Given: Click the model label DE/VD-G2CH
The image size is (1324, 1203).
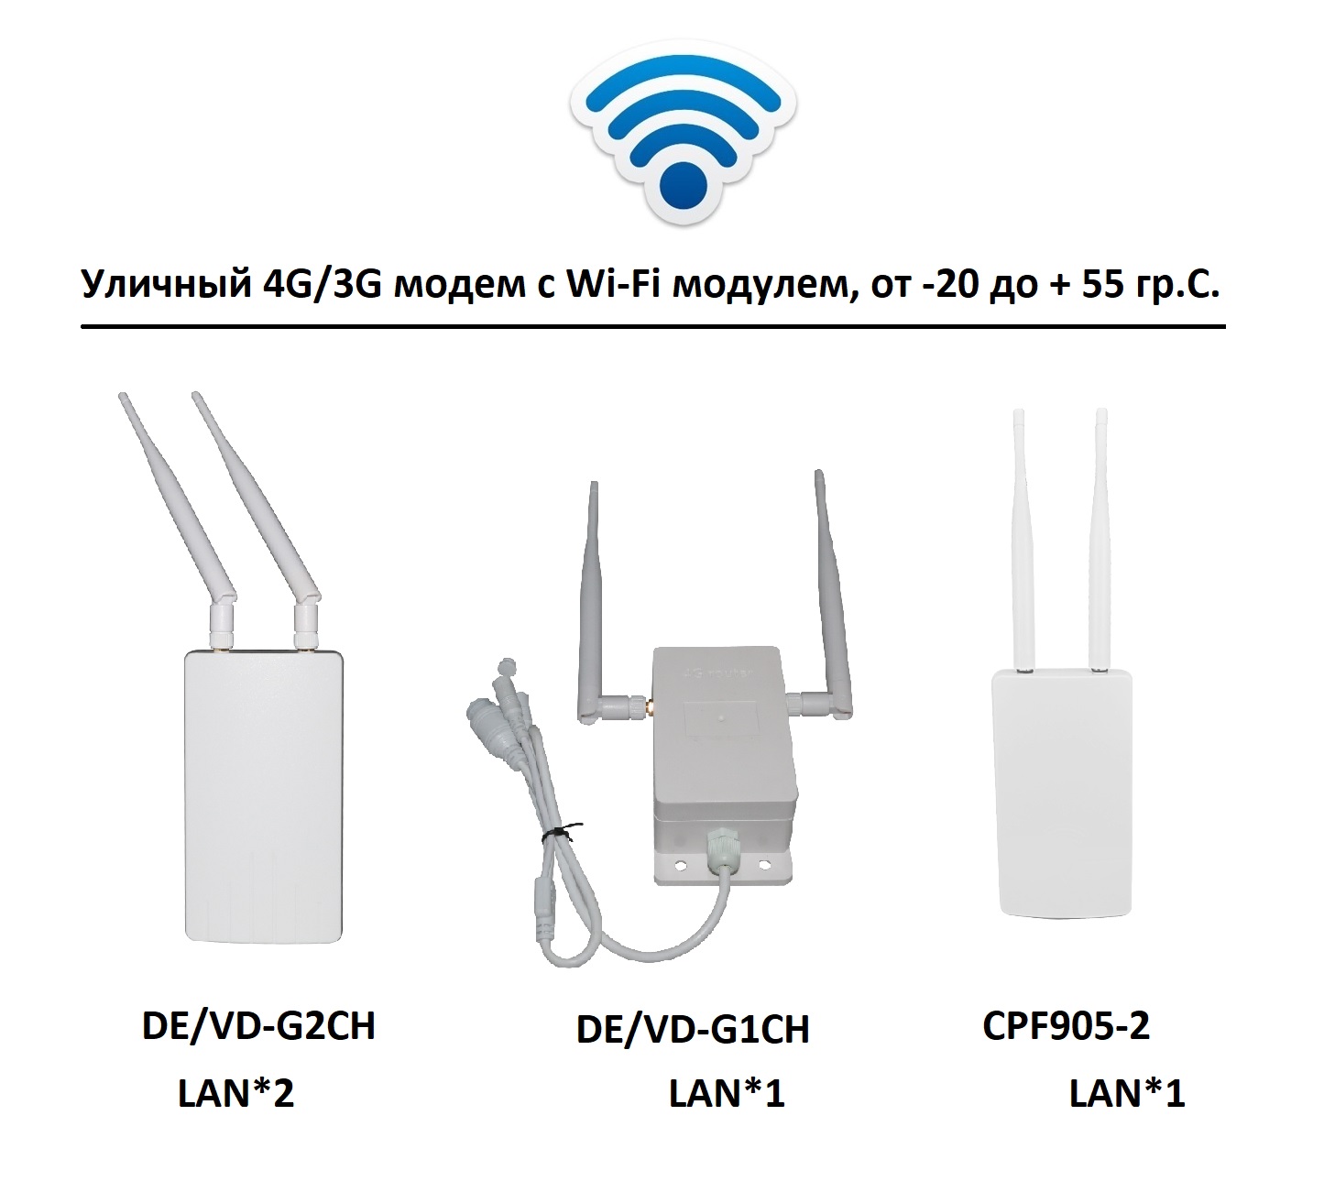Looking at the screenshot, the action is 258,1026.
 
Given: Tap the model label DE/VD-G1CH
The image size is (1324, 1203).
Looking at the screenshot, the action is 693,1030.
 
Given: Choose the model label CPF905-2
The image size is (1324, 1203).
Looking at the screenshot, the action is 1066,1025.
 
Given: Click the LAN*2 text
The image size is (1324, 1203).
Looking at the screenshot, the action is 235,1093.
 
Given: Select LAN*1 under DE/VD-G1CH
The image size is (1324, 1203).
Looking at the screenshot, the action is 727,1093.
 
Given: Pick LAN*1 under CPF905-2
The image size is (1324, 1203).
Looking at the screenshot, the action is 1127,1093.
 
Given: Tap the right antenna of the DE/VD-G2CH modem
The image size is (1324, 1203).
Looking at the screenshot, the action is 257,504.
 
